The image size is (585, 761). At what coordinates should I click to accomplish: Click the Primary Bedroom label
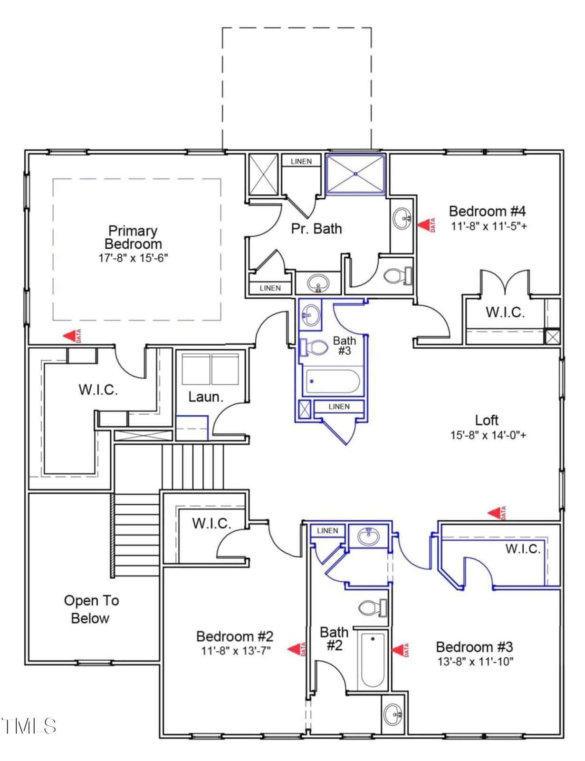pos(133,237)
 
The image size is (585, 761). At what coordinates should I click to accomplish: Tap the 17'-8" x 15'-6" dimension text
pos(133,258)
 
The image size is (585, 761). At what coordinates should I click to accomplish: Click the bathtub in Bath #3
pos(333,381)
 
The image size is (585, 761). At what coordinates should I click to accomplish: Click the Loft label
pos(487,420)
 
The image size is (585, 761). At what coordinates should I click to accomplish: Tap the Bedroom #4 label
pos(488,211)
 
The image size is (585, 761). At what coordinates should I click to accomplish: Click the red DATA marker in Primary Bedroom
pos(72,336)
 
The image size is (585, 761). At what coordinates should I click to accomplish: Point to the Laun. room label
pos(206,397)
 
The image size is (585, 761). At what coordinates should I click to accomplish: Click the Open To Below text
pos(91,609)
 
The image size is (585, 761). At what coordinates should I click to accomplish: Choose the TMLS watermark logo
pos(28,726)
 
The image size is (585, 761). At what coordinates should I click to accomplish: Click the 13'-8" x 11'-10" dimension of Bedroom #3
pos(475,662)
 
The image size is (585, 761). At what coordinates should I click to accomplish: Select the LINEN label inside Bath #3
pos(339,406)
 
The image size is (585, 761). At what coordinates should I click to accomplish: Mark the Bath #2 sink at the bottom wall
pos(393,714)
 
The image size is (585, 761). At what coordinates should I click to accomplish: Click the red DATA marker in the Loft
pos(497,513)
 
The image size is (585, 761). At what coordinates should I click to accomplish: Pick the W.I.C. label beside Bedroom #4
pos(505,312)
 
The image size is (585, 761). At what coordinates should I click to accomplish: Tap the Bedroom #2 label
pos(235,636)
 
